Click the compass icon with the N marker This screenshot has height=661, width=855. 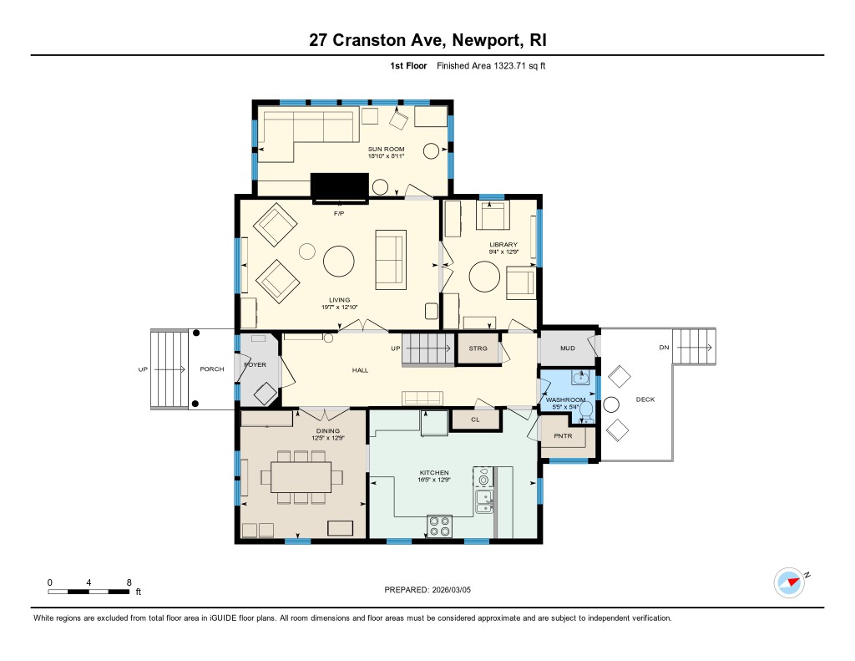790,582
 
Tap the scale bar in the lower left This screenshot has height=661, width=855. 89,592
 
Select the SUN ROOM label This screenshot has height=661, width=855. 386,149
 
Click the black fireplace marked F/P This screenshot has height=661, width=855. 339,188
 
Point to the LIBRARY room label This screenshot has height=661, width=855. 503,245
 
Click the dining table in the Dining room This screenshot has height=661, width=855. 301,478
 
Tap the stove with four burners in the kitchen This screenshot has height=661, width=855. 439,526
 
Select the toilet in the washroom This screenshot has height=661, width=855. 586,412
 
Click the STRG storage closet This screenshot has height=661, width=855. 478,348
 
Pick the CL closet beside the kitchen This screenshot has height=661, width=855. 475,419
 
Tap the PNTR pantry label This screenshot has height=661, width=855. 563,436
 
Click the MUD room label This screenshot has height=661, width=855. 568,348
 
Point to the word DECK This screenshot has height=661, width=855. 645,399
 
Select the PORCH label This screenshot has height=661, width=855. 212,369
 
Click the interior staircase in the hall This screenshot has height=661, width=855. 428,349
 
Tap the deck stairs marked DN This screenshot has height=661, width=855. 694,347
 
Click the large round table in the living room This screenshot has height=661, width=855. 339,262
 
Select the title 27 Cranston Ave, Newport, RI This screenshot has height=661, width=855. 427,40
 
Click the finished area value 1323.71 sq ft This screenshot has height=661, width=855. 519,66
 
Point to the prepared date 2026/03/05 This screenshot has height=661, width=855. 452,590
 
